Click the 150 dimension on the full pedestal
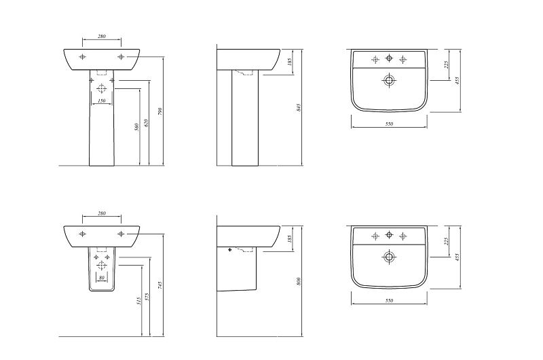101,101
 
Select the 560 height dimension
137,127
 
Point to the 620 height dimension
146,123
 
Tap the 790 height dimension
160,111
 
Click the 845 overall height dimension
299,107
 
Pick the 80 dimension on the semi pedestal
101,278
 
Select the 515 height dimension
139,301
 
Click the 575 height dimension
147,297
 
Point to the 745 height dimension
160,285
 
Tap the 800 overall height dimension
299,281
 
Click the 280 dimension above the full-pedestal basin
101,36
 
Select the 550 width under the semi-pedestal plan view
389,301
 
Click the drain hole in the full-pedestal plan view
389,80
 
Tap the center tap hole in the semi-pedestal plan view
389,235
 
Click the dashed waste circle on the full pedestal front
101,89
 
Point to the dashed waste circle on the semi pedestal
101,266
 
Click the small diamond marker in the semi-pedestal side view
230,249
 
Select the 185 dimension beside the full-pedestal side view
290,62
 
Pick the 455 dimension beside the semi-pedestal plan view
457,257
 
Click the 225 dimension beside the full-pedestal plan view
447,65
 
